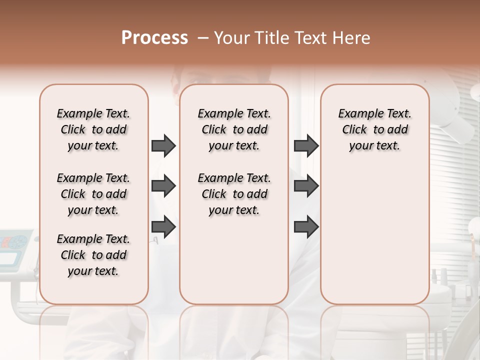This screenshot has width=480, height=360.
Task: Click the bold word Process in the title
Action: pos(154,38)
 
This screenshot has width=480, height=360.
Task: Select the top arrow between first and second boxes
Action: pos(163,145)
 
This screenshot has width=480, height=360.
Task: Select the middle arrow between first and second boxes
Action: pos(163,186)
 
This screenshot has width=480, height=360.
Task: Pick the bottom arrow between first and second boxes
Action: pos(163,227)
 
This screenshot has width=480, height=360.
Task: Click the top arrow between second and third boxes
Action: pos(306,145)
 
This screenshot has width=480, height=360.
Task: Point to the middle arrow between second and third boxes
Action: pos(306,186)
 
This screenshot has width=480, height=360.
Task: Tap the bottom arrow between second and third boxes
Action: pos(306,227)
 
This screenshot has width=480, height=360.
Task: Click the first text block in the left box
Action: pos(93,129)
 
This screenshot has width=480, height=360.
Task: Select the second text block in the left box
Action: pos(93,194)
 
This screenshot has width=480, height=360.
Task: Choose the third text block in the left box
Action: pos(93,255)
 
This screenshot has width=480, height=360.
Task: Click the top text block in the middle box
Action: pos(234,129)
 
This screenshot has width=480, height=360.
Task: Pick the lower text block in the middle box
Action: pos(234,194)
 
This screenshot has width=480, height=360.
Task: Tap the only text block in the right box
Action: pos(374,129)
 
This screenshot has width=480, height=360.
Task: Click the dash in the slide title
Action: pos(202,38)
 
